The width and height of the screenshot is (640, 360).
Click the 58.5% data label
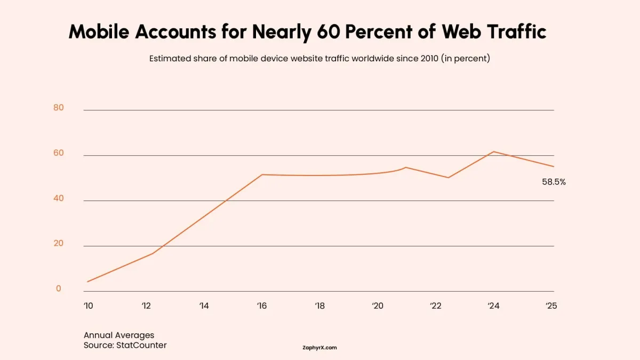[x=554, y=182]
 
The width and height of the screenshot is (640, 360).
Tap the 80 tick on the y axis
[x=58, y=108]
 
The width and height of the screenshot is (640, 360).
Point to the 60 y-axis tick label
[x=58, y=153]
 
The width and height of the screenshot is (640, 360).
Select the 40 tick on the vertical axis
[x=58, y=198]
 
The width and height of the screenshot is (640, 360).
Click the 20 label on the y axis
[x=58, y=244]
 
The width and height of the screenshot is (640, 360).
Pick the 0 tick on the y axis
[x=59, y=289]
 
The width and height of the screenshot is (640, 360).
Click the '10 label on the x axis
[x=88, y=306]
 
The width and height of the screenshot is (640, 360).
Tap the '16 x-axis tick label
[x=261, y=306]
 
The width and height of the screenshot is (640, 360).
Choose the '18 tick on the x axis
[x=319, y=306]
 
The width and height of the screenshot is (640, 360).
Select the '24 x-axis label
[x=493, y=306]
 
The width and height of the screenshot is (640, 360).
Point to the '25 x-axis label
[x=551, y=306]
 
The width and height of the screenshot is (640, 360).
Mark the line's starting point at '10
[x=87, y=282]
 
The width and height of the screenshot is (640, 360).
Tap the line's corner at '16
[x=262, y=174]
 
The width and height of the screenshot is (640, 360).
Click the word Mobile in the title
[x=99, y=33]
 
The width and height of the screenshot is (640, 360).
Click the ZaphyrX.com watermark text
[x=319, y=348]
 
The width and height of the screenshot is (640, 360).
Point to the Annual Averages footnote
[x=119, y=335]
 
